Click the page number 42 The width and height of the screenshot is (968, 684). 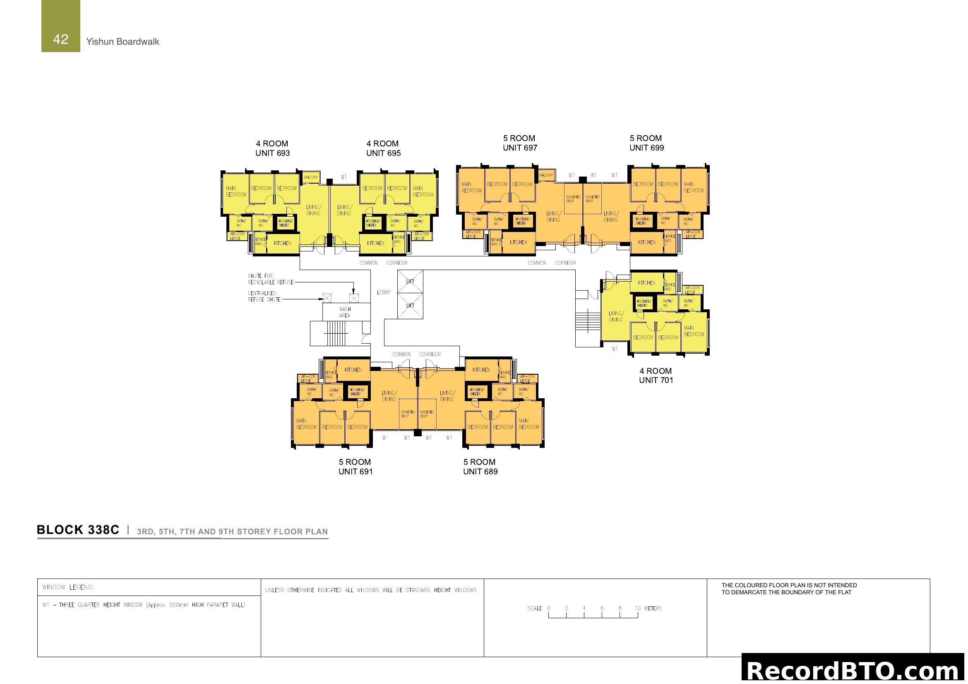(x=61, y=39)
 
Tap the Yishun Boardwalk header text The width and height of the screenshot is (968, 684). (x=122, y=42)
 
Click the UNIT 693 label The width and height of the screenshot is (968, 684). (x=272, y=153)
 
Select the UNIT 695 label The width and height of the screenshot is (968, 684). (x=383, y=153)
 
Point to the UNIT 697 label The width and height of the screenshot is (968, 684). (x=520, y=148)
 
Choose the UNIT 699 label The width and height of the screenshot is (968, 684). (x=646, y=148)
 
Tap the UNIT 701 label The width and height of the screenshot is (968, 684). (x=656, y=380)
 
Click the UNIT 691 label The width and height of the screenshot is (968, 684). (x=355, y=472)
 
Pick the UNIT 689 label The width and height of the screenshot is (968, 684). (x=480, y=472)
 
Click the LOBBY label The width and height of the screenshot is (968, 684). (x=384, y=292)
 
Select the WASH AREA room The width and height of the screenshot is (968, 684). (x=345, y=312)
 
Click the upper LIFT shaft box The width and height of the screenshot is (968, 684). (x=410, y=281)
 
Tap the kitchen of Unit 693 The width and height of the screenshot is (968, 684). (x=283, y=244)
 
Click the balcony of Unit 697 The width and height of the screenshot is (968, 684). (x=546, y=175)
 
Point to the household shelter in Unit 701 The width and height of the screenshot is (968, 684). (x=644, y=303)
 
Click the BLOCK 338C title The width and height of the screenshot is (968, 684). (x=78, y=530)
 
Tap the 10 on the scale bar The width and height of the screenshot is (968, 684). (x=637, y=608)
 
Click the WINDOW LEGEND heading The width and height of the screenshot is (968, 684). (x=68, y=587)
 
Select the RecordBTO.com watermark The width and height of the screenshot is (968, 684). (x=854, y=670)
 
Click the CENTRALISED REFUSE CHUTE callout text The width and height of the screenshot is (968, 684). (x=264, y=297)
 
